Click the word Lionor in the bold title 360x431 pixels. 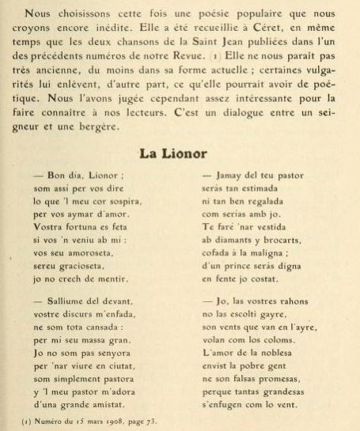(203, 153)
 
